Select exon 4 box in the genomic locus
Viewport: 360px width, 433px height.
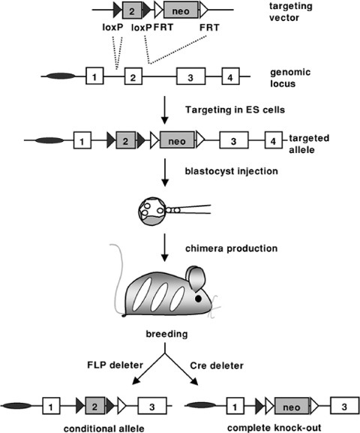(231, 77)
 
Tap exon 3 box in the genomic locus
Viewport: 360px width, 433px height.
(190, 77)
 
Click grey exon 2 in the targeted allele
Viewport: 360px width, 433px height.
(127, 140)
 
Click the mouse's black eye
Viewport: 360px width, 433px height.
(198, 299)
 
